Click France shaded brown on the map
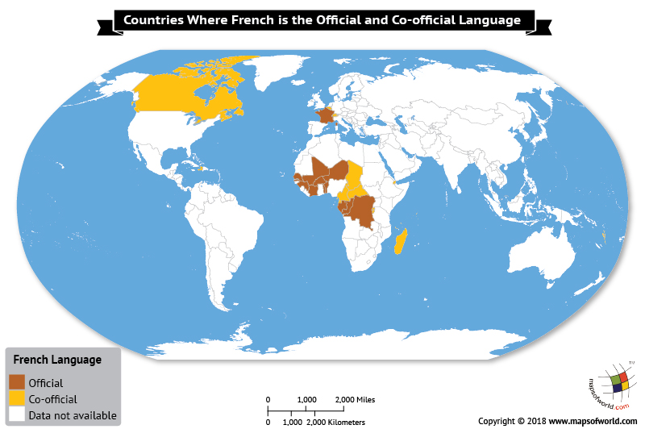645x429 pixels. point(325,116)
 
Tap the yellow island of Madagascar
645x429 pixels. point(402,241)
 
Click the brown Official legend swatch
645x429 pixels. point(17,382)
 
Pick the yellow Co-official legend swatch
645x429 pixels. point(17,398)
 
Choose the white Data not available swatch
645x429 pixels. point(17,415)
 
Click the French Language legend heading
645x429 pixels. point(56,359)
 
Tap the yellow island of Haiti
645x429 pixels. point(197,168)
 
